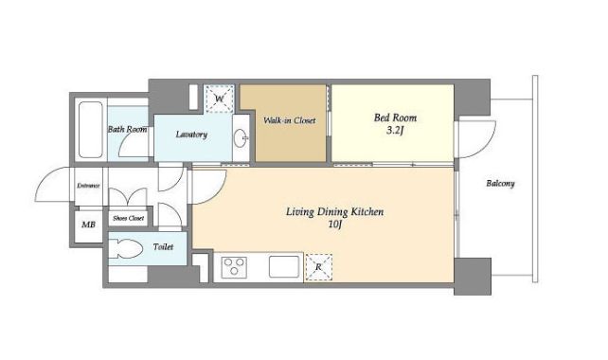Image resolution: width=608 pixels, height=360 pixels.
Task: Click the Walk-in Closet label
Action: coord(289,120)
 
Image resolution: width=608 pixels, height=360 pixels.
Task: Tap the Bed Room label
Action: coord(395,117)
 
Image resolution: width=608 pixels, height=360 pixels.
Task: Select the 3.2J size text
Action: coord(395,131)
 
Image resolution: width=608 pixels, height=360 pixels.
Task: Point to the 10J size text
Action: coord(334,225)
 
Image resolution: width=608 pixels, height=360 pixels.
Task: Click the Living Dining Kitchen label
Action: coord(334,212)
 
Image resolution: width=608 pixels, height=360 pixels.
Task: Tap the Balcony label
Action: coord(500,183)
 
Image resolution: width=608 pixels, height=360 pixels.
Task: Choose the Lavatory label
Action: coord(191,135)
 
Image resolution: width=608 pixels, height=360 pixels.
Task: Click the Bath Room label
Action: coord(127,129)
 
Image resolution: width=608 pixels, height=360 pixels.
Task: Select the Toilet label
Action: coord(163,246)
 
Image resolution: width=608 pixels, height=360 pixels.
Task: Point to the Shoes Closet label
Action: coord(129,219)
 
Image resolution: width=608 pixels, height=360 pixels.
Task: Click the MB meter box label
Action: coord(88,225)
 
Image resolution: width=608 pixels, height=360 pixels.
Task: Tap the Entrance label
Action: coord(88,186)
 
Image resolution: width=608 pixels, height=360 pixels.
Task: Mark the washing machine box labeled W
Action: coord(220,99)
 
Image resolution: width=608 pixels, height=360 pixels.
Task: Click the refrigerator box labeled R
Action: coord(318,267)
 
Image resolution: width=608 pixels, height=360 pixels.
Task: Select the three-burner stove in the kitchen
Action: coord(234,267)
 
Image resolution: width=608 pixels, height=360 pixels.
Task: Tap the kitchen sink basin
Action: coord(284,267)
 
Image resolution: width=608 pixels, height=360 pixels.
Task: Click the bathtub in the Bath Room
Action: coord(90,130)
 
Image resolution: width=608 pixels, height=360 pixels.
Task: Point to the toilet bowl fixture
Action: coord(125,248)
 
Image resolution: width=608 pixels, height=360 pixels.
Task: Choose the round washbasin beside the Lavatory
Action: coord(241,138)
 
